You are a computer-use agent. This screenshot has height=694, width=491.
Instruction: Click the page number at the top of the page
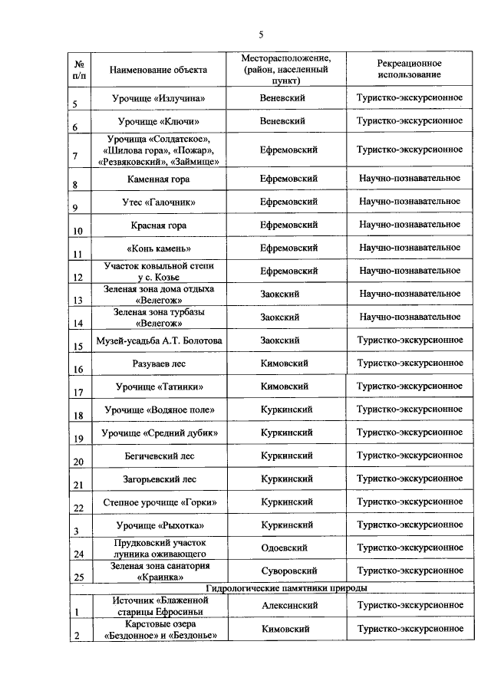pyautogui.click(x=261, y=35)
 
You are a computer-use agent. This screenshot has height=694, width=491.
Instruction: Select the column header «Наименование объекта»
pyautogui.click(x=158, y=70)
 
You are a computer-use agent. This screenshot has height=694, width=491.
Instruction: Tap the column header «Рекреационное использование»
pyautogui.click(x=409, y=69)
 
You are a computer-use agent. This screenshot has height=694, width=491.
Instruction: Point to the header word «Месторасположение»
pyautogui.click(x=287, y=58)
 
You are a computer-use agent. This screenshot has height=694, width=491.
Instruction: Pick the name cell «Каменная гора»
pyautogui.click(x=159, y=179)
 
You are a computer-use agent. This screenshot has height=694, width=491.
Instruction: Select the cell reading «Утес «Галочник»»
pyautogui.click(x=159, y=202)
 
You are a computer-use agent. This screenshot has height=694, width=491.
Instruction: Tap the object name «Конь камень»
pyautogui.click(x=159, y=248)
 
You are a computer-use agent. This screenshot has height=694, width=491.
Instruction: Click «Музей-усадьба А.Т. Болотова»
pyautogui.click(x=158, y=340)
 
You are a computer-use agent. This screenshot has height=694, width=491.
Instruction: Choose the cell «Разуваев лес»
pyautogui.click(x=159, y=363)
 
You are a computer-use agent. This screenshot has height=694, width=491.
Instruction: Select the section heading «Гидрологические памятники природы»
pyautogui.click(x=287, y=588)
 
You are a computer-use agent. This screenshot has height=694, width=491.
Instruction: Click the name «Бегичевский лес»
pyautogui.click(x=159, y=456)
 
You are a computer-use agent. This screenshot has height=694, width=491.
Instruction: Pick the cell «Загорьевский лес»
pyautogui.click(x=159, y=479)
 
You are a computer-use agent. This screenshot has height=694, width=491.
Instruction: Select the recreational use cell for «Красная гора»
pyautogui.click(x=410, y=225)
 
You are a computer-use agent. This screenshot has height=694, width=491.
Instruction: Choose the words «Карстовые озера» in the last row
pyautogui.click(x=158, y=623)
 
